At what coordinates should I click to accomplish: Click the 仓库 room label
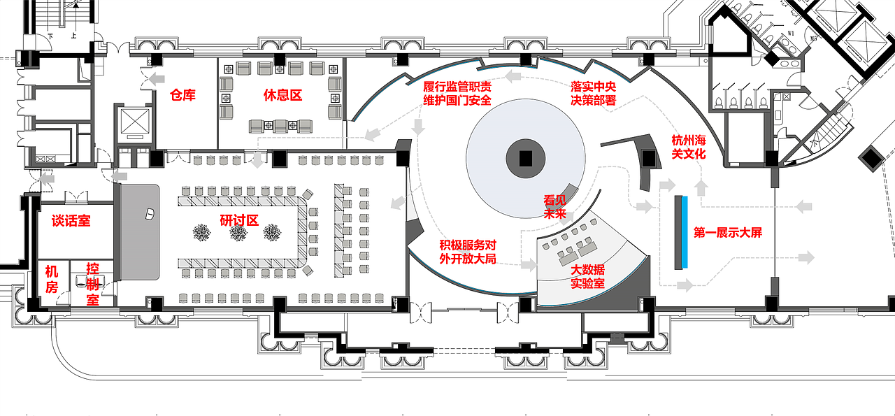click(x=182, y=95)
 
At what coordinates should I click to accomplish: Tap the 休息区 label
click(x=282, y=95)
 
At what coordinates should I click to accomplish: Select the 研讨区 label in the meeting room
click(x=239, y=220)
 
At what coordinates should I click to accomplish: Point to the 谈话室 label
click(x=71, y=221)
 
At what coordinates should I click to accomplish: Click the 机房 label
click(x=52, y=279)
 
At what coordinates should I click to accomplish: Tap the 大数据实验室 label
click(x=587, y=277)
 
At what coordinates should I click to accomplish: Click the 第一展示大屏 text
click(x=727, y=233)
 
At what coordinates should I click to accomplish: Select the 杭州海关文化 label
click(x=688, y=146)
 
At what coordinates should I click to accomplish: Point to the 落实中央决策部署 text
click(x=593, y=93)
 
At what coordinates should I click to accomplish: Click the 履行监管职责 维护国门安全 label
click(x=457, y=93)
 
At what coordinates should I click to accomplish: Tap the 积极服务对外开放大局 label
click(x=468, y=252)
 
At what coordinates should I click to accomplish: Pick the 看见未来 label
click(x=554, y=207)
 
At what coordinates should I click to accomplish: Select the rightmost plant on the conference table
click(x=272, y=234)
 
